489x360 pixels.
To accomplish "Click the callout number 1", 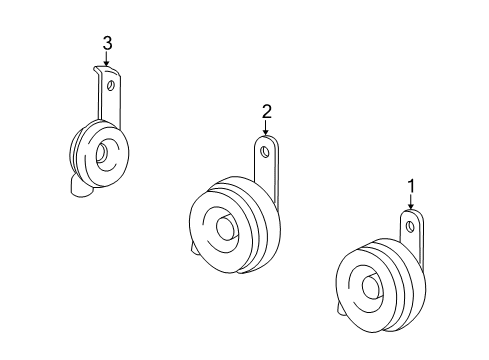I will pos(410,185).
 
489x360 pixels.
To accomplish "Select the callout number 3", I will pos(107,42).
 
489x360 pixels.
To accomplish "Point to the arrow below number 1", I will pos(410,202).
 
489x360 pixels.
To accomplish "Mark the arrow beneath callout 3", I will pos(107,59).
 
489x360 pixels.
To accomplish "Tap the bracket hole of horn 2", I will pos(265,152).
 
